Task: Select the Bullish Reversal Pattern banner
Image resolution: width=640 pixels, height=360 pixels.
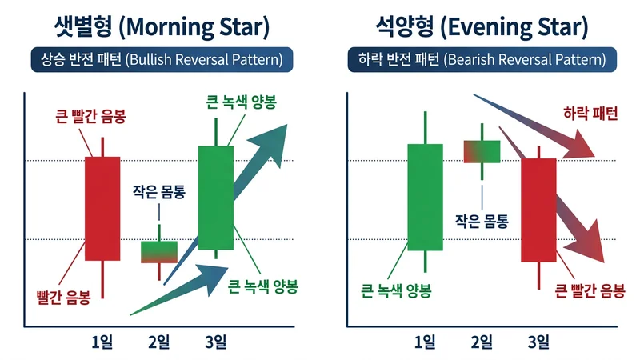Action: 161,59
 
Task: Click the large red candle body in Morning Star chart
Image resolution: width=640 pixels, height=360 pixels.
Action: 102,208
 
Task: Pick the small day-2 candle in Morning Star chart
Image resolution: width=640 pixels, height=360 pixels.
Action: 159,251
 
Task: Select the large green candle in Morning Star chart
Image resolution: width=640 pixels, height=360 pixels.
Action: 215,197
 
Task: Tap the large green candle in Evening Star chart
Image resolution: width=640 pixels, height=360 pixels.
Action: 425,197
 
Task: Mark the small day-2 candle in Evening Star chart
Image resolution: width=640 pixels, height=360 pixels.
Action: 482,151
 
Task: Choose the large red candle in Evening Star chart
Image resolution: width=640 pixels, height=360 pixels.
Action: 538,210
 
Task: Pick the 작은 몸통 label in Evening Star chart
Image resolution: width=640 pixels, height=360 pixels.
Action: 482,218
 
